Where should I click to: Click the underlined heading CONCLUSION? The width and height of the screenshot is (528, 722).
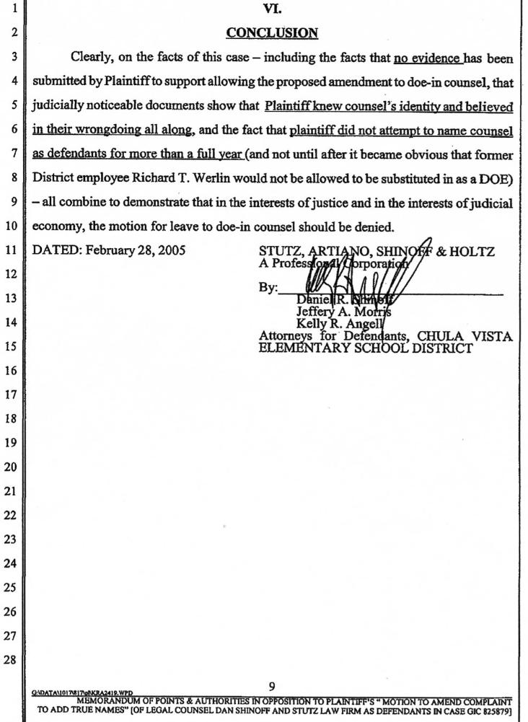(x=272, y=32)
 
